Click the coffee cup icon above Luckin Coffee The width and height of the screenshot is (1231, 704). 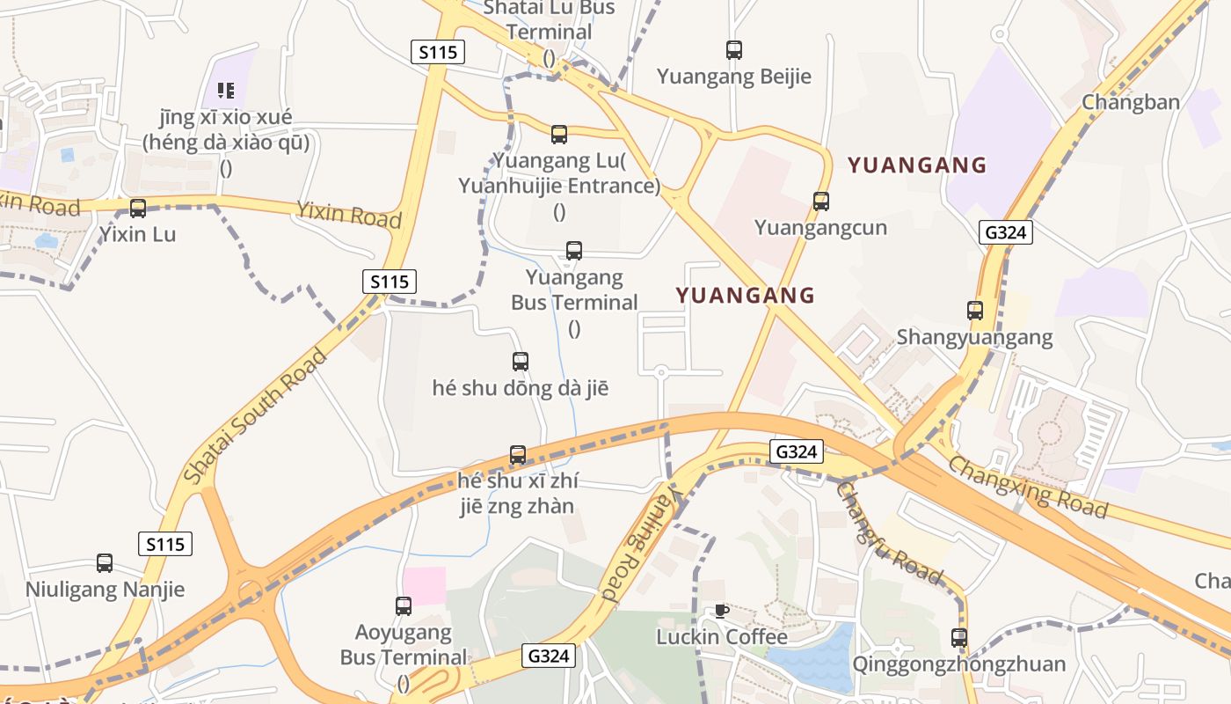(721, 611)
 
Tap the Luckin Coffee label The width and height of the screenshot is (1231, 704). (722, 636)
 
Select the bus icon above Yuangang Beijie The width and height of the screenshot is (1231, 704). (734, 50)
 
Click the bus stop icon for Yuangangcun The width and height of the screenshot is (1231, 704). (821, 202)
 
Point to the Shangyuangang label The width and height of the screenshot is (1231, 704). (974, 337)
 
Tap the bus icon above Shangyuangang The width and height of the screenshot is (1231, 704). (975, 311)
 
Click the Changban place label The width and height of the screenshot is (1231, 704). (1130, 102)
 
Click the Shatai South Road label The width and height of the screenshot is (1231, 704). (256, 415)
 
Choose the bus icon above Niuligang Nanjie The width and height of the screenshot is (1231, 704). (105, 563)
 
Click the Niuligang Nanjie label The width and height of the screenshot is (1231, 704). (105, 589)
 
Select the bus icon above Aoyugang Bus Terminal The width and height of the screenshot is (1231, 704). (404, 606)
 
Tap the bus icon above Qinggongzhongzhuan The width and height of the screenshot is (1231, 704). (959, 638)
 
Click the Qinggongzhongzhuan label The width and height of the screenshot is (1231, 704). (959, 664)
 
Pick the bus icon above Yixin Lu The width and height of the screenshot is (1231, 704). (138, 209)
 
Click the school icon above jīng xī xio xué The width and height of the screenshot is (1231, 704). (226, 91)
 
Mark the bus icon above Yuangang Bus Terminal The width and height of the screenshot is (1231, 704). (574, 251)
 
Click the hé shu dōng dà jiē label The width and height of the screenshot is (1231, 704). (521, 388)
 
